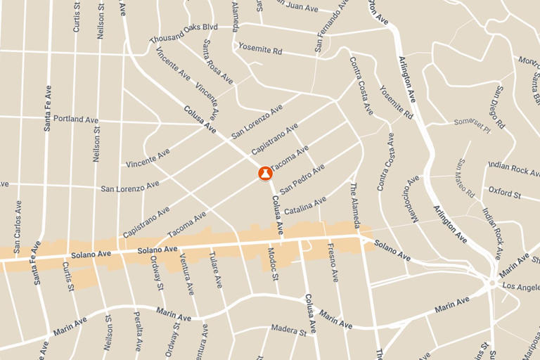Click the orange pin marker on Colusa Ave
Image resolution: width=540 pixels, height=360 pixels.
[x=265, y=172]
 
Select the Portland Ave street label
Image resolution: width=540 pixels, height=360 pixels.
[x=75, y=120]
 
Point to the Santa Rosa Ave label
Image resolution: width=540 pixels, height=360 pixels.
[x=217, y=62]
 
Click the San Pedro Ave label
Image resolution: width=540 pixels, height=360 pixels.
[x=302, y=179]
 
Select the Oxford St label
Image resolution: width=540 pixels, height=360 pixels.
[x=504, y=191]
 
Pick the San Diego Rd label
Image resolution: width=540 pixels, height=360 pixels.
[x=500, y=107]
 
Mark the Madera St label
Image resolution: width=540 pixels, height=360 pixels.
[x=290, y=330]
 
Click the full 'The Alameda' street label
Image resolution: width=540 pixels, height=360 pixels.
[x=356, y=206]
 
